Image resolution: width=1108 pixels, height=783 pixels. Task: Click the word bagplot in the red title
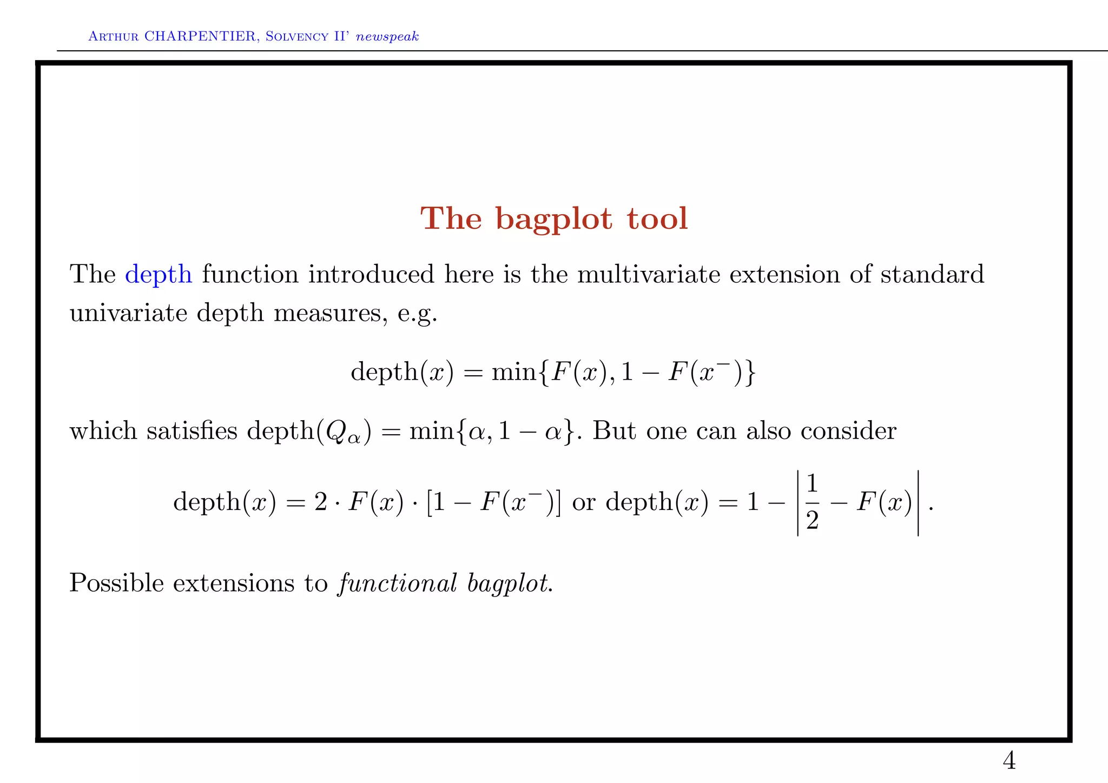(x=554, y=220)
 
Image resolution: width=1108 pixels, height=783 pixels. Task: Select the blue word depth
(x=159, y=274)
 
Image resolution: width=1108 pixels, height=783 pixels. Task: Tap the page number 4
(x=1009, y=761)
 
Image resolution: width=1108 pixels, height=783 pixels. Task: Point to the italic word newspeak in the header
(x=387, y=37)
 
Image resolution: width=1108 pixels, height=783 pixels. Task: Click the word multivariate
(x=649, y=274)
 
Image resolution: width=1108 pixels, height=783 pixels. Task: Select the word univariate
(x=129, y=313)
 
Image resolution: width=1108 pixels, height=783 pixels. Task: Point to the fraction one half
(x=812, y=502)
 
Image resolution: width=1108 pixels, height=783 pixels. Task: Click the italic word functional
(x=398, y=583)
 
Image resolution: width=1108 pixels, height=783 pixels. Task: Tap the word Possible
(x=116, y=583)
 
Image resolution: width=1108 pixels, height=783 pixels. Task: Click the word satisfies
(x=192, y=431)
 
